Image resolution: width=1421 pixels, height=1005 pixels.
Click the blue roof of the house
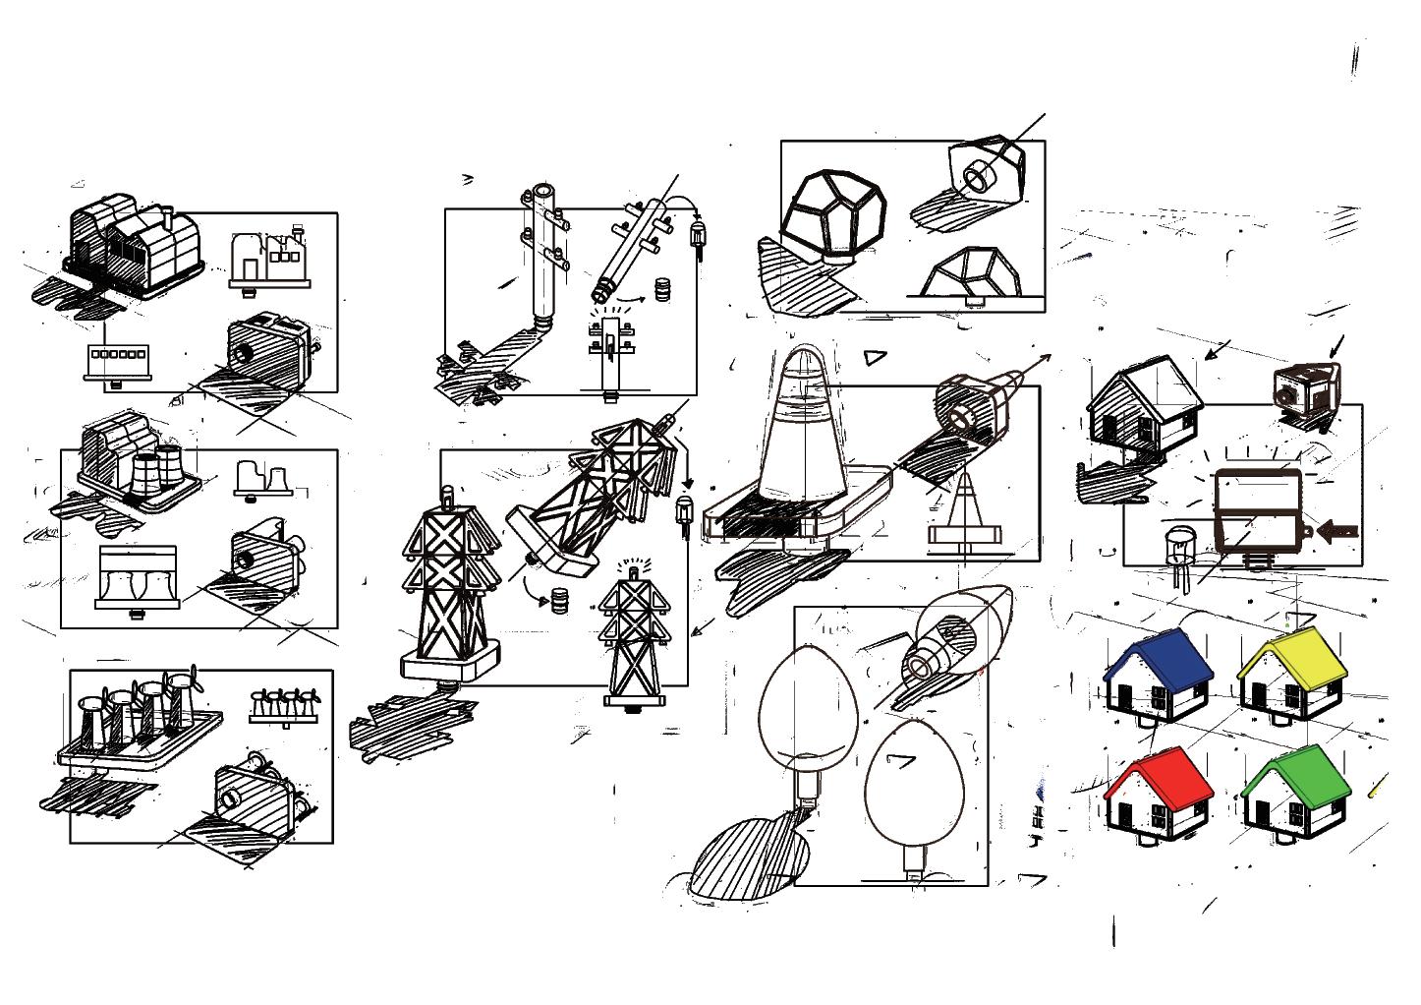point(1160,657)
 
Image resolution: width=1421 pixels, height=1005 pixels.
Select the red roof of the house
point(1157,773)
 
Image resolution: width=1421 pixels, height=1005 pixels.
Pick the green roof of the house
point(1295,773)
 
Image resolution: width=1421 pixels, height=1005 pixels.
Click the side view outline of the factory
point(268,261)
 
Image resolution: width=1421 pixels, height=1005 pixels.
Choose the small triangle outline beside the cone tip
point(875,358)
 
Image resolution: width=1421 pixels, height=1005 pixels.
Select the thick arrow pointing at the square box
point(1336,531)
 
